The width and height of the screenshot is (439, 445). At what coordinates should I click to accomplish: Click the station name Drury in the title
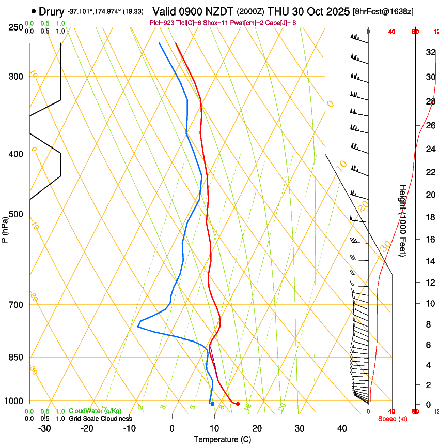[52, 11]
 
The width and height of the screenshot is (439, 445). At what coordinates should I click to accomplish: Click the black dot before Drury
[34, 11]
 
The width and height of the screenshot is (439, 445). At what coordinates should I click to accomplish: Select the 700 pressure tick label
[16, 305]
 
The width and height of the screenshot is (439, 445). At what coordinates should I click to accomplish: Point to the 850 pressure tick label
[16, 358]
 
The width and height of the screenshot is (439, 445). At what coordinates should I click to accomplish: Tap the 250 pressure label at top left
[16, 27]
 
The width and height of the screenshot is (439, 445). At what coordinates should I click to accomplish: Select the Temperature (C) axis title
[222, 439]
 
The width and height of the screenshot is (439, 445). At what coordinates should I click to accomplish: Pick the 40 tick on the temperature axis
[342, 428]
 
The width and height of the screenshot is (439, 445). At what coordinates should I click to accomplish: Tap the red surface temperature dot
[238, 404]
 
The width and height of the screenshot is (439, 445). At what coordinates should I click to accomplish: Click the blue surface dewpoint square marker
[212, 404]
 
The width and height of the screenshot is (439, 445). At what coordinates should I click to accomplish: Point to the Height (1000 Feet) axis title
[403, 220]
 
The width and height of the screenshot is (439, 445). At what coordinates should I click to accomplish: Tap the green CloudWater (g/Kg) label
[95, 411]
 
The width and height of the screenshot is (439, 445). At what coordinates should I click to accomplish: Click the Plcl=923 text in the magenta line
[162, 23]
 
